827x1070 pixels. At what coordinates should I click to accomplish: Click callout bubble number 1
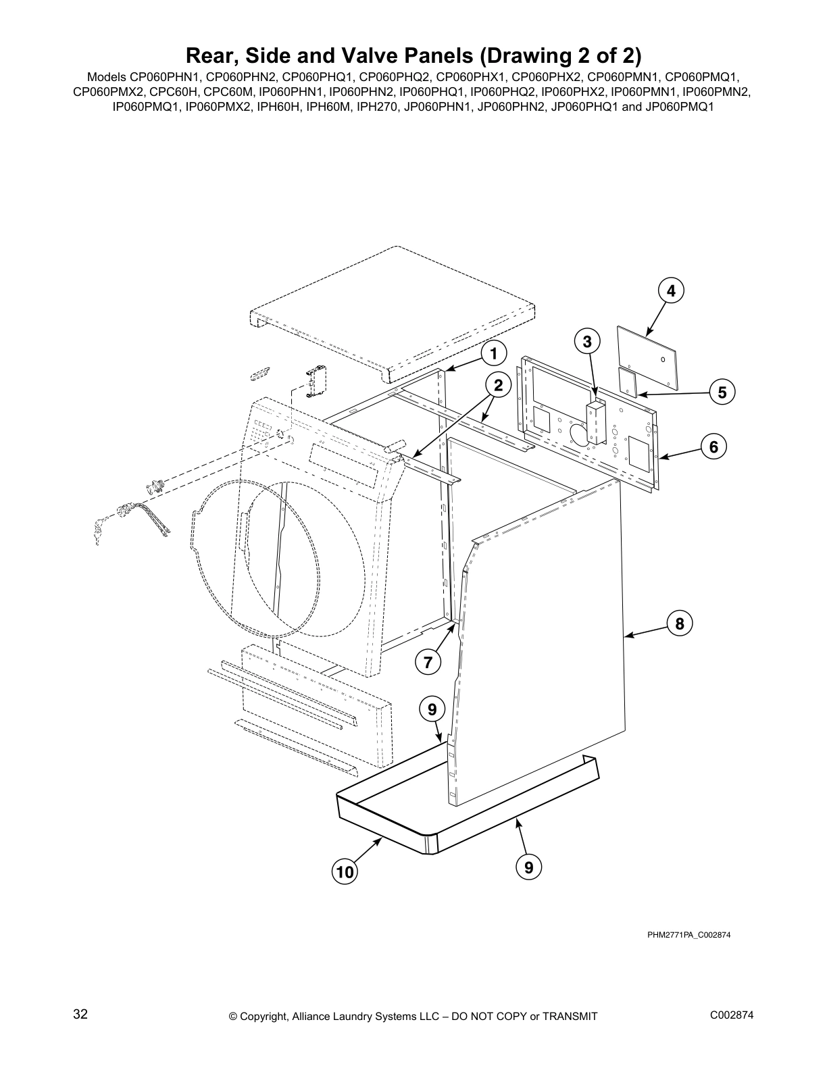tap(494, 353)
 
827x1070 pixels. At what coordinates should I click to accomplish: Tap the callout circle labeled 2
tap(498, 385)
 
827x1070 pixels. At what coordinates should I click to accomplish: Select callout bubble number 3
tap(587, 342)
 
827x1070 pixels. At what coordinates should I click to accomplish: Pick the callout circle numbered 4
tap(671, 290)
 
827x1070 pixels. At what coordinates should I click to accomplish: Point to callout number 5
tap(722, 392)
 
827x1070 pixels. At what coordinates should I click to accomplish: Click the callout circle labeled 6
tap(713, 447)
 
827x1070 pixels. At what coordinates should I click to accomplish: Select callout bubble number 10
tap(345, 872)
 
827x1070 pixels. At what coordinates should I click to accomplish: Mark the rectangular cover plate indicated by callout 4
tap(649, 356)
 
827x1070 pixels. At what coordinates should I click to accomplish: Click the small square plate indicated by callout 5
tap(628, 382)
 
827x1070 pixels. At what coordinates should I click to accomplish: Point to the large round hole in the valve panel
tap(580, 434)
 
